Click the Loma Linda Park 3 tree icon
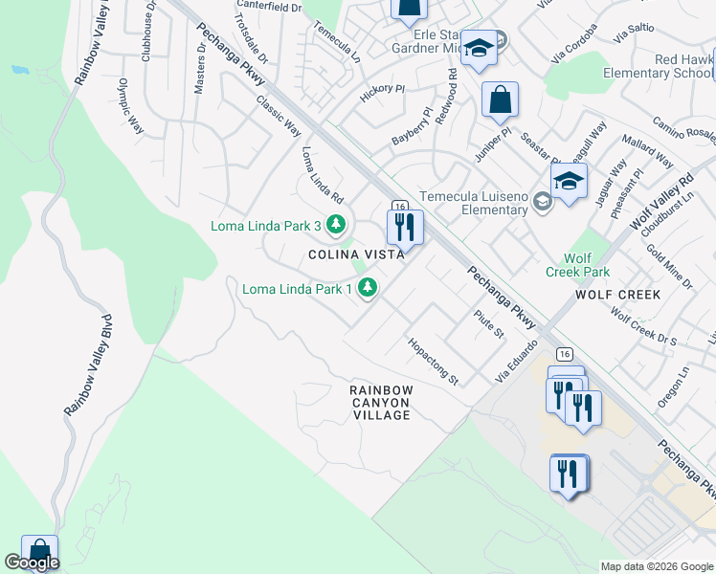pyautogui.click(x=335, y=226)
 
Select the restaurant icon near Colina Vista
pyautogui.click(x=404, y=228)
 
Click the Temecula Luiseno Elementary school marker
pyautogui.click(x=569, y=181)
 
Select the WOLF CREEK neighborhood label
pyautogui.click(x=618, y=295)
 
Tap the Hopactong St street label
pyautogui.click(x=434, y=362)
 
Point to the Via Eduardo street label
pyautogui.click(x=518, y=358)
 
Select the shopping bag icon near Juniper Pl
pyautogui.click(x=500, y=99)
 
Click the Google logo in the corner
pyautogui.click(x=31, y=563)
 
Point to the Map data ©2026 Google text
pyautogui.click(x=656, y=566)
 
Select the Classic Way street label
pyautogui.click(x=278, y=117)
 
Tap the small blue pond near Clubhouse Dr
pyautogui.click(x=18, y=70)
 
